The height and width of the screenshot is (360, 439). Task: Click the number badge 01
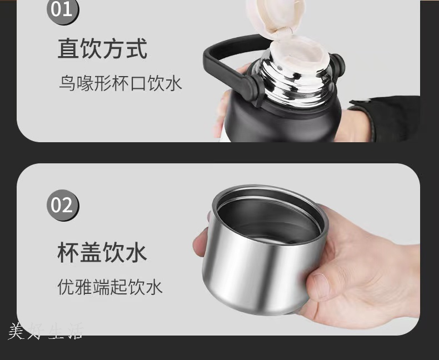tap(63, 10)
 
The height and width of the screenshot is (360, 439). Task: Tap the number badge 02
tap(63, 205)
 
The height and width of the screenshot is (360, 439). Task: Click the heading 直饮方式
tap(102, 49)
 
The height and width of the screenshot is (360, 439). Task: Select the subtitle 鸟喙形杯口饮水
tap(121, 83)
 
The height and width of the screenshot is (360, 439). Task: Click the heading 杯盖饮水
tap(102, 252)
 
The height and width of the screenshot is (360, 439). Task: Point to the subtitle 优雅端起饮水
tap(110, 287)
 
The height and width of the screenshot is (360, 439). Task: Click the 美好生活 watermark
tap(46, 331)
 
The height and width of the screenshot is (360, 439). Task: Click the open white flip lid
tap(273, 17)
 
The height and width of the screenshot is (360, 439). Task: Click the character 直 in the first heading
tap(68, 49)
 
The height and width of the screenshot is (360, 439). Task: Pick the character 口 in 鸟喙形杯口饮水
tap(138, 83)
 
